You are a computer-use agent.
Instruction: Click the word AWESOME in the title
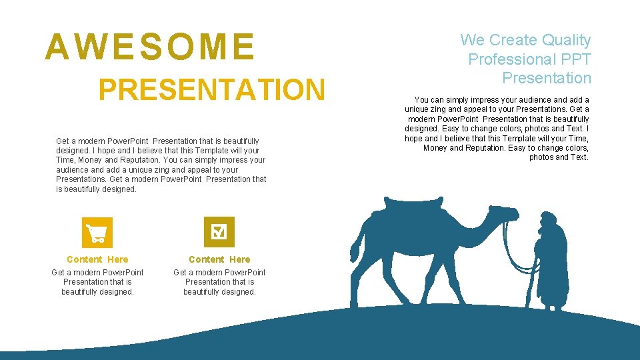pos(149,47)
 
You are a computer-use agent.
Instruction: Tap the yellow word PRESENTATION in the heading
pos(211,90)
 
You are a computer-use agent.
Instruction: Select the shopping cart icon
pos(97,233)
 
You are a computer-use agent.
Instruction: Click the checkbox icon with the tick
pos(219,232)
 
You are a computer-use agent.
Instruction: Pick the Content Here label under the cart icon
pos(97,259)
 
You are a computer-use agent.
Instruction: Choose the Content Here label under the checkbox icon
pos(219,259)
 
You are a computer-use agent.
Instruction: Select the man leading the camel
pos(550,263)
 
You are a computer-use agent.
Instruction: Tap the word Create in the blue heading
pos(514,40)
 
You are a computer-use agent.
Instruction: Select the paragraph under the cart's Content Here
pos(97,282)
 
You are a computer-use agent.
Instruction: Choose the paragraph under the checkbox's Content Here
pos(219,282)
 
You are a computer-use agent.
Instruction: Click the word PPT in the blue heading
pos(577,59)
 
